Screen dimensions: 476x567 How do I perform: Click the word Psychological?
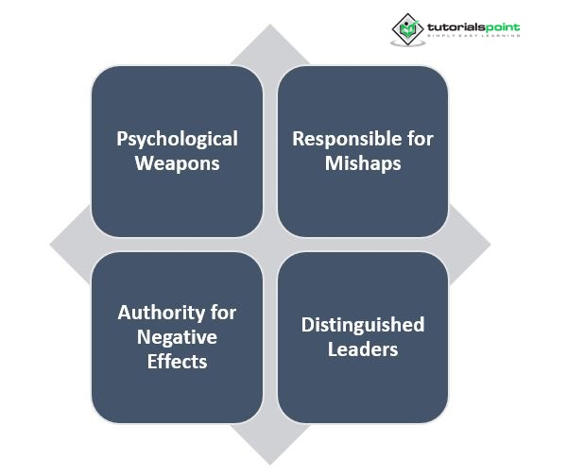coord(177,139)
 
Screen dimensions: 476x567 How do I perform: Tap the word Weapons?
coord(177,162)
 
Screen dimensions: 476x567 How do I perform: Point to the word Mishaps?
coord(363,162)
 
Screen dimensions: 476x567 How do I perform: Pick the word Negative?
coord(177,336)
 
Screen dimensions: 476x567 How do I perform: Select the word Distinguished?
coord(363,325)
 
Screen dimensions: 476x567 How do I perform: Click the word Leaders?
coord(363,348)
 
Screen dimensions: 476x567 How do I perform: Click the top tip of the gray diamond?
coord(270,25)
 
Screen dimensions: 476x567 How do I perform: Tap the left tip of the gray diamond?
coord(52,245)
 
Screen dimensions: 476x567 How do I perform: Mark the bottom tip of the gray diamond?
coord(270,463)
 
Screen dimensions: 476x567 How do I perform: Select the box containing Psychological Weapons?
coord(177,150)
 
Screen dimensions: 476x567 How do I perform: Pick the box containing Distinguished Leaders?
coord(363,337)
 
